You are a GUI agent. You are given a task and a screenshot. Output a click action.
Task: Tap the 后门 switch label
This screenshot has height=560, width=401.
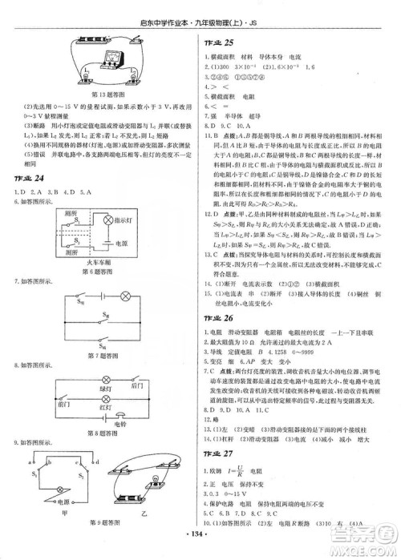click(136, 385)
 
